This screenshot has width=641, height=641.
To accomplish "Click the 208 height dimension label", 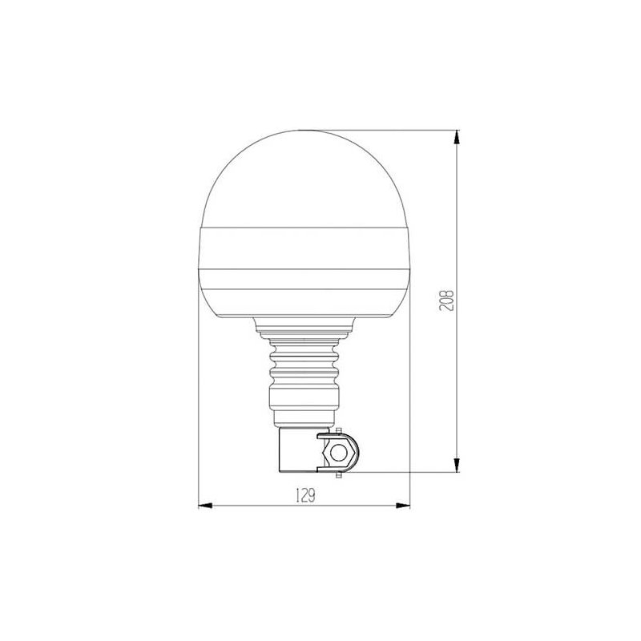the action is tap(446, 300).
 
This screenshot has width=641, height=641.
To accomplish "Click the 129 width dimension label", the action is tap(305, 496).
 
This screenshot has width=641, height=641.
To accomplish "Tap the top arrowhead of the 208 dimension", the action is tap(457, 137).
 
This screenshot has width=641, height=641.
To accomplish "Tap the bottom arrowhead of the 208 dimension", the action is tap(457, 465).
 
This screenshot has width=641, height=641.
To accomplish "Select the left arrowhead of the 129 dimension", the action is tap(206, 506).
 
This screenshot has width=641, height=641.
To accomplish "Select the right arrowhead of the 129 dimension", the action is tap(403, 506).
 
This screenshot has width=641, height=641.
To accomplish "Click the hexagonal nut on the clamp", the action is tap(337, 453).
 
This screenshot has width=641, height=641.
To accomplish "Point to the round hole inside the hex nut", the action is tap(338, 453).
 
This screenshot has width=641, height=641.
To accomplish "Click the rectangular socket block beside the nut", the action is tap(298, 450).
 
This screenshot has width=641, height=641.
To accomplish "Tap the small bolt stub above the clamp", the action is tap(338, 431).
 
